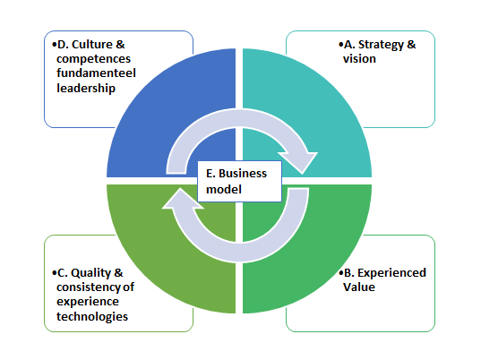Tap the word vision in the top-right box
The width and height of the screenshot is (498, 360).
pos(359,59)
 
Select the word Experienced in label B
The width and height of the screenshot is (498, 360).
pos(391,273)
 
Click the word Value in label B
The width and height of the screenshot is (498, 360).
pos(359,287)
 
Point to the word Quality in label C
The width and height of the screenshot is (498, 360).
pos(90,273)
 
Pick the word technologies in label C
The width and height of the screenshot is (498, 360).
pos(92,316)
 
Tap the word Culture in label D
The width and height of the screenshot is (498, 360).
pos(92,45)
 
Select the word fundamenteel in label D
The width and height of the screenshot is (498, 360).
pos(96,73)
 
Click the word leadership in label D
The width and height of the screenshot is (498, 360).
pos(86,89)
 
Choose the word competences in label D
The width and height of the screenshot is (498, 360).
pos(93,59)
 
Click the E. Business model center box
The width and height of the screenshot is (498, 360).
pos(239,181)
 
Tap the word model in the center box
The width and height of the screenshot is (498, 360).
pos(224,190)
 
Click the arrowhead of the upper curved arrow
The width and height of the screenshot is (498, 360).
pos(298,161)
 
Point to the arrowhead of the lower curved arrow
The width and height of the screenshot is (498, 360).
pos(183,199)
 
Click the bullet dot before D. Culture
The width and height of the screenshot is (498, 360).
pos(55,45)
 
